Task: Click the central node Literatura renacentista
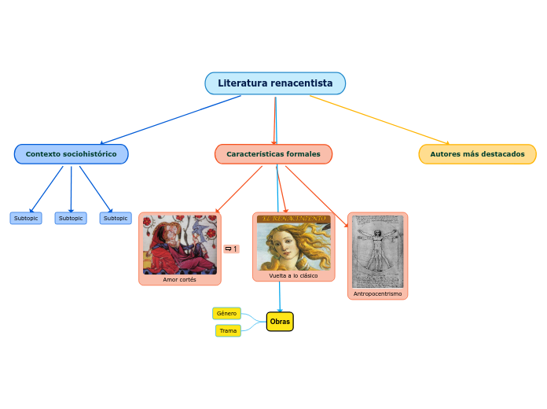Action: pos(275,83)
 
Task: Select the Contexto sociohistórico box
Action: pos(71,154)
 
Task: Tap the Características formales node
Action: pos(273,154)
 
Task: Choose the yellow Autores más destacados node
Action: pos(477,154)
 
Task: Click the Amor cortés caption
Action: pos(179,279)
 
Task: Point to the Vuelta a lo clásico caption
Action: pos(293,276)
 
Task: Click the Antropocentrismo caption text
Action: pos(377,293)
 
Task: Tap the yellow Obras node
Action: pos(280,322)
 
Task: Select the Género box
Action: pos(226,313)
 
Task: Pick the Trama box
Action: pos(228,330)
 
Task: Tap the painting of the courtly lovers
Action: pos(179,244)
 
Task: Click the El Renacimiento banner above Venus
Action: pos(293,217)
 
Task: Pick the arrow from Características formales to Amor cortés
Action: pos(240,189)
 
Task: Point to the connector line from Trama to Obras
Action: pos(253,327)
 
